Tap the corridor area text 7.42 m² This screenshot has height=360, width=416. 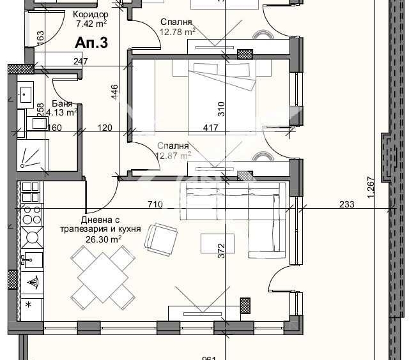point(91,24)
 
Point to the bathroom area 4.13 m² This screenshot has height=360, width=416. point(63,111)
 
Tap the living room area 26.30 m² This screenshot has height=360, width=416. point(104,240)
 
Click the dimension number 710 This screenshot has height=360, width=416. point(155,205)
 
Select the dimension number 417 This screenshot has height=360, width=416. point(210,128)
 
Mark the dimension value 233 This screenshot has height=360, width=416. point(346,205)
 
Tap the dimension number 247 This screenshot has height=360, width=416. point(80,61)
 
